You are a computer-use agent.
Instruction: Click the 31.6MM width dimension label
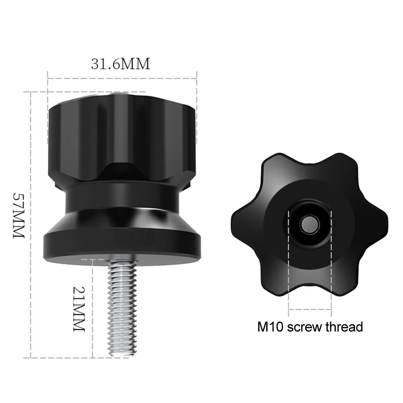point(120,64)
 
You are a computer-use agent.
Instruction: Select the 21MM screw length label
point(79,309)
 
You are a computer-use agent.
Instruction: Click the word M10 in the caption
point(271,327)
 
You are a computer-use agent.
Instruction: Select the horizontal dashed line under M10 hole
point(310,310)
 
